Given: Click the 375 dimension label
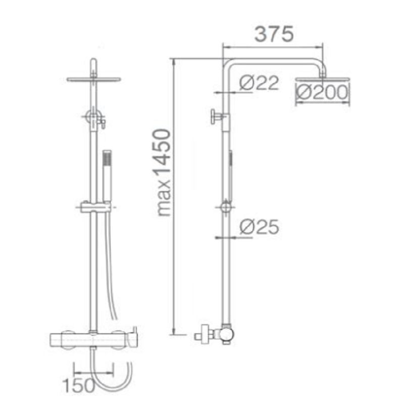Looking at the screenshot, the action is coord(274,34).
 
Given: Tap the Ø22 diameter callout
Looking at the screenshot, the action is coord(259,83).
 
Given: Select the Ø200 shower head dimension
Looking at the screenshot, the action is coord(322,92).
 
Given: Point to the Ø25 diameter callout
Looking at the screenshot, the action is coord(259,227).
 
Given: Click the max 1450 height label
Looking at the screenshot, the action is coord(164,173).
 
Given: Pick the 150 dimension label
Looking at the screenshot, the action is coord(79,385).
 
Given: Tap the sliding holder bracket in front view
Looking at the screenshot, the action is coord(96,207).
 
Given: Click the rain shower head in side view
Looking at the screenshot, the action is coord(323,79).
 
